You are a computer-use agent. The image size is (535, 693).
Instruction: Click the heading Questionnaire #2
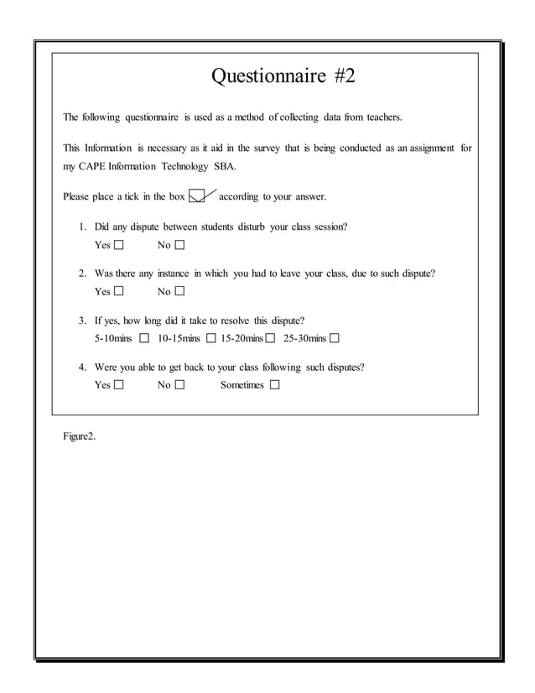point(283,77)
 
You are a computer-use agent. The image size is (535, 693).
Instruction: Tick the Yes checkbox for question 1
point(118,246)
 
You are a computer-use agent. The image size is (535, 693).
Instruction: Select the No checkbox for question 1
point(179,246)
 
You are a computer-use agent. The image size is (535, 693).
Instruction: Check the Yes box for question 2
point(118,292)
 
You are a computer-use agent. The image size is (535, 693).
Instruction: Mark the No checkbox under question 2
point(179,292)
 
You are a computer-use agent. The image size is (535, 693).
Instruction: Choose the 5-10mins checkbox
point(144,339)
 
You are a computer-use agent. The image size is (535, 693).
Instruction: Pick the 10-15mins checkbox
point(210,339)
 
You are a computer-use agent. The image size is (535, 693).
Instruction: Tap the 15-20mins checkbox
point(270,339)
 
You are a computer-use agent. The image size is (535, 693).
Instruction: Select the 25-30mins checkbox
point(335,339)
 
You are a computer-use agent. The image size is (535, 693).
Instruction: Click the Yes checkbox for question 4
point(118,385)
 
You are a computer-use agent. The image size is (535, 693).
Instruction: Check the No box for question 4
point(179,385)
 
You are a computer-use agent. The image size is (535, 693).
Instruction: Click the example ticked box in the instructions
point(196,197)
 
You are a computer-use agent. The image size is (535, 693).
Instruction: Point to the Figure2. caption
point(79,437)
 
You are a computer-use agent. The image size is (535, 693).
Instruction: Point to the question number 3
point(82,320)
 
